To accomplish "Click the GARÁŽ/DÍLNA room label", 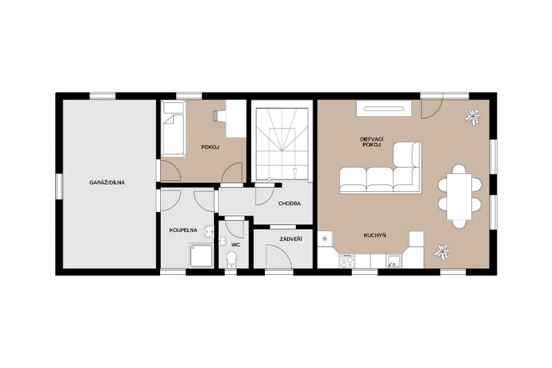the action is [107, 182].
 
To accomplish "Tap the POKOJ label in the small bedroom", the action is [210, 147].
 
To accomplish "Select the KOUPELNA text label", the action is [183, 231].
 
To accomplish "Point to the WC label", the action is [235, 244].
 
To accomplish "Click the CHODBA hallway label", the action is [289, 204].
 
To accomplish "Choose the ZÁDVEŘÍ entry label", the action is [290, 240].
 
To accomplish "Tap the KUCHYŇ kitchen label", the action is [375, 235].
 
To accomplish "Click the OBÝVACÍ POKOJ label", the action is [371, 142].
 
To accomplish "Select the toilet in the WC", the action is [232, 260].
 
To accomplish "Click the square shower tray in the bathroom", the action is [201, 255].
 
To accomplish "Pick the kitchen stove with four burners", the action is [347, 261].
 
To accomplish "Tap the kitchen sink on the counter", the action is [393, 261].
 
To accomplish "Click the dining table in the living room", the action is [460, 197].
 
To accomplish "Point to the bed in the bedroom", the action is [173, 128].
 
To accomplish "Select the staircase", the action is [282, 144].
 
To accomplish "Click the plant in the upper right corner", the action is [473, 117].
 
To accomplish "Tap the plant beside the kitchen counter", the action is [442, 252].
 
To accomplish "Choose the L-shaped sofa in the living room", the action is [381, 168].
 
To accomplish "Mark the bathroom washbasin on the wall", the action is [209, 231].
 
